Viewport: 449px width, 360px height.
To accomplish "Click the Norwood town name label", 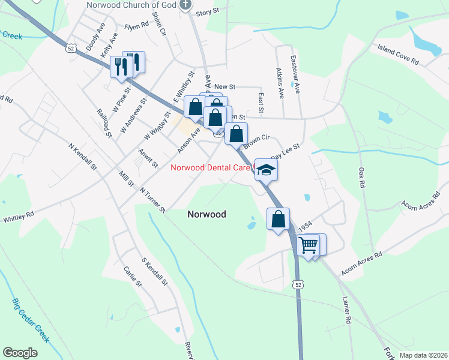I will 206,214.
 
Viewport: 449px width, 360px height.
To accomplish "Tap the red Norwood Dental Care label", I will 209,168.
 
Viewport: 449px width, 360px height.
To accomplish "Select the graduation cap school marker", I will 265,170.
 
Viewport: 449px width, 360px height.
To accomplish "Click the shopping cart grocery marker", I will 308,245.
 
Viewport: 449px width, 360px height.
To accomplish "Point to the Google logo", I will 20,353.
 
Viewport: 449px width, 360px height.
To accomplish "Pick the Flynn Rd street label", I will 136,26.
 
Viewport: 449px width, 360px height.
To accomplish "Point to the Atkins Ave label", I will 279,82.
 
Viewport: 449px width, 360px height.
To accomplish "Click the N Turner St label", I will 152,200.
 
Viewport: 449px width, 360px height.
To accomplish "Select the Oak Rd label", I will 361,175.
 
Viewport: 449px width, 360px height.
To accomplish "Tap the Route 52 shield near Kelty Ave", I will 71,47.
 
